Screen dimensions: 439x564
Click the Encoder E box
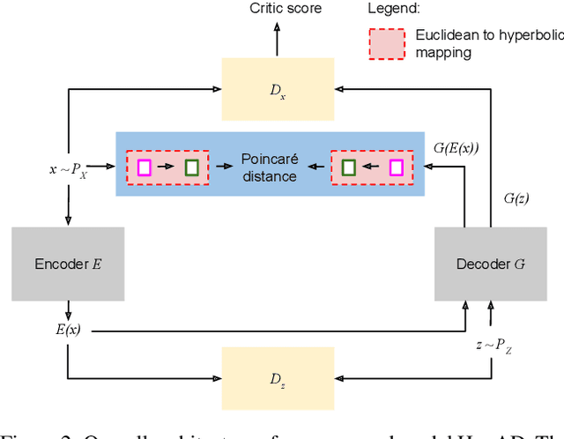pos(68,263)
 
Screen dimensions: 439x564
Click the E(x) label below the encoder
pos(68,330)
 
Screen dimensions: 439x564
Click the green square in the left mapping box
pos(191,167)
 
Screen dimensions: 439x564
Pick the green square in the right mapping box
pos(348,167)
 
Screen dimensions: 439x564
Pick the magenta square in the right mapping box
pos(396,167)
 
